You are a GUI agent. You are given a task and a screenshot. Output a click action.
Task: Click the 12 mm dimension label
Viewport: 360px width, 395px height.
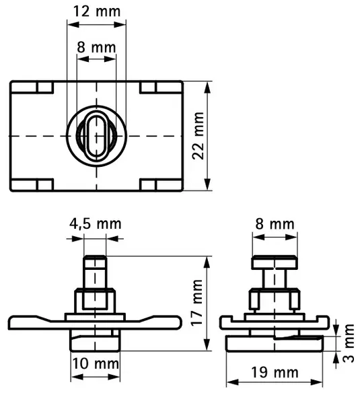click(97, 11)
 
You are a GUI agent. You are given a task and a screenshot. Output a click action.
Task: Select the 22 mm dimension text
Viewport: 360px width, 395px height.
click(198, 136)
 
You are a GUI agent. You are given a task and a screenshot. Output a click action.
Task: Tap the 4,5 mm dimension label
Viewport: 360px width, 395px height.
click(96, 223)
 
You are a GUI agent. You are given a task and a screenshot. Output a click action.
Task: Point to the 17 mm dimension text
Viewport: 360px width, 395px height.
click(197, 302)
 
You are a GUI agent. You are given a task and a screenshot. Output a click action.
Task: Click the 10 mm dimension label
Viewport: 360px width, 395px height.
click(96, 363)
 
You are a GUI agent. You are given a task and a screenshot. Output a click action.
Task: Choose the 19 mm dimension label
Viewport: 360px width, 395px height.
click(275, 372)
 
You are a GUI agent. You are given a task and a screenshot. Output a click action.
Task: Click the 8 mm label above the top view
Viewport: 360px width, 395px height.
click(96, 47)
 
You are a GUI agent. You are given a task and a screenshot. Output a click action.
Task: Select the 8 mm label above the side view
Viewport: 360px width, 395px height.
click(275, 223)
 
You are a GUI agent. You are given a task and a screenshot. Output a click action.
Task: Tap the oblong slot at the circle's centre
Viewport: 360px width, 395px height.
click(96, 136)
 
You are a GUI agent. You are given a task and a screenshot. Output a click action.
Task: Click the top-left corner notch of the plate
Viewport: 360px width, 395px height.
click(32, 87)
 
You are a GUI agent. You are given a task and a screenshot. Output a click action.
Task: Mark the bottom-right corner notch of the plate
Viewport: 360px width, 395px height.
click(161, 184)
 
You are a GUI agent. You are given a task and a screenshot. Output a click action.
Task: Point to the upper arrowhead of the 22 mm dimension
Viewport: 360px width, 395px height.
click(207, 87)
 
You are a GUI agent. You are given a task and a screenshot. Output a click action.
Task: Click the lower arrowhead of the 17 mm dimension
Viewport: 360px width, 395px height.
click(207, 345)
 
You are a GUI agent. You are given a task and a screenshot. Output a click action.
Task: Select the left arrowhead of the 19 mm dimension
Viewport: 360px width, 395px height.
click(232, 382)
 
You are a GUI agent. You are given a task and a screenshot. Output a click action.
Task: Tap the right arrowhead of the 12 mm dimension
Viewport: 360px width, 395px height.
click(120, 25)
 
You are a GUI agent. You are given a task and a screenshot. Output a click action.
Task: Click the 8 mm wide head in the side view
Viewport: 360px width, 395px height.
click(275, 262)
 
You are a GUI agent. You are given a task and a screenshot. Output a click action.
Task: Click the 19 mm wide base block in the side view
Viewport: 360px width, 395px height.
click(275, 343)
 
